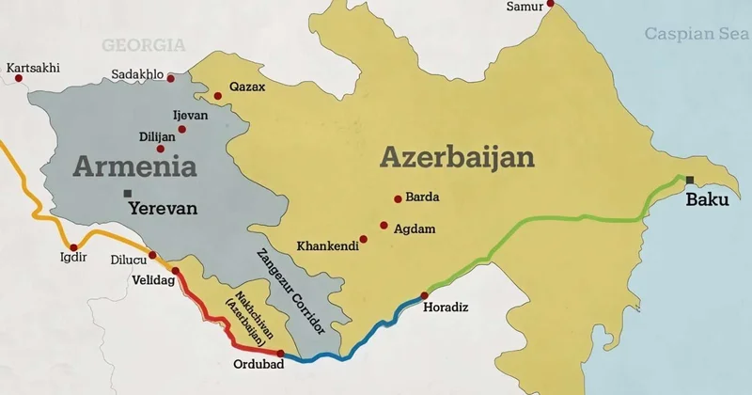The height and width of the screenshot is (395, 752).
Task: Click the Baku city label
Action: (x=707, y=199)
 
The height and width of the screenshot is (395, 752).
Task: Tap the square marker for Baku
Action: (x=690, y=180)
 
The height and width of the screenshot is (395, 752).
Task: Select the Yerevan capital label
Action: (x=163, y=209)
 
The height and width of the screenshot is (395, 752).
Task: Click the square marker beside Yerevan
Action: (x=127, y=194)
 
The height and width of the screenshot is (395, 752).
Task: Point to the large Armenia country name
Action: (x=135, y=167)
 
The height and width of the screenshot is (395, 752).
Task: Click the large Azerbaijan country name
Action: (x=457, y=156)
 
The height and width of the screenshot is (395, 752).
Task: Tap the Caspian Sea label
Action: (x=697, y=34)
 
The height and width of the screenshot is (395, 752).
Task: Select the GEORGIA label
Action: (x=144, y=44)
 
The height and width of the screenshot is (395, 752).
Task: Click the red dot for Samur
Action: (x=551, y=3)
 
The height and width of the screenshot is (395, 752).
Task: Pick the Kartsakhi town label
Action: (x=33, y=68)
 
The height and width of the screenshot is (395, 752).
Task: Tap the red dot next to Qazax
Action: (x=218, y=95)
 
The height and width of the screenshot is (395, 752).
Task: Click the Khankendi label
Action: (x=326, y=246)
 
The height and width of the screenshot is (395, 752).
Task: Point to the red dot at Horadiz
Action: (x=424, y=295)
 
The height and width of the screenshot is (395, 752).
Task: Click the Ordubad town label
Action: (x=256, y=364)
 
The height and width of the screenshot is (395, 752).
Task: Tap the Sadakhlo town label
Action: (x=137, y=74)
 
